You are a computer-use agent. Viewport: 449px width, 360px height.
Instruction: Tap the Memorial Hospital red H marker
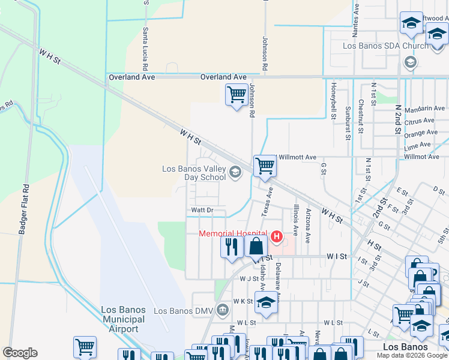tap(277, 238)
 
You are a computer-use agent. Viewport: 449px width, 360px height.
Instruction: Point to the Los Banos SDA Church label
tap(378, 46)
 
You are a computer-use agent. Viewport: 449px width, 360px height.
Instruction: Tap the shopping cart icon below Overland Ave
tap(236, 94)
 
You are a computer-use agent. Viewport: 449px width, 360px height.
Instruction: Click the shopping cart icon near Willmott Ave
tap(264, 166)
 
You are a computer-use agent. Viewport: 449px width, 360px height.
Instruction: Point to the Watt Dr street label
tap(202, 210)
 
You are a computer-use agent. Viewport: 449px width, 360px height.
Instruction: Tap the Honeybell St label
tap(333, 101)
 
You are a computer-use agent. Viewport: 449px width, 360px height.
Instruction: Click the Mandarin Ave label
tap(424, 109)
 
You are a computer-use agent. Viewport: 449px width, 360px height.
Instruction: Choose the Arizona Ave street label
tap(308, 225)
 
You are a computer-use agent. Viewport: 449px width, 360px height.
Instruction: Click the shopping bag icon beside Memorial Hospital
tap(256, 246)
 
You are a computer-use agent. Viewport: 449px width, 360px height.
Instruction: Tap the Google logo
tap(20, 353)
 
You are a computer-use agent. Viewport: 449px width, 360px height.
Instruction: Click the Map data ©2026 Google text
tap(411, 355)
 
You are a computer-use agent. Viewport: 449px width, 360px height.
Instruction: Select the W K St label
tap(243, 301)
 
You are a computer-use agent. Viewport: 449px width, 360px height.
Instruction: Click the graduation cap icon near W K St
tap(265, 302)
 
